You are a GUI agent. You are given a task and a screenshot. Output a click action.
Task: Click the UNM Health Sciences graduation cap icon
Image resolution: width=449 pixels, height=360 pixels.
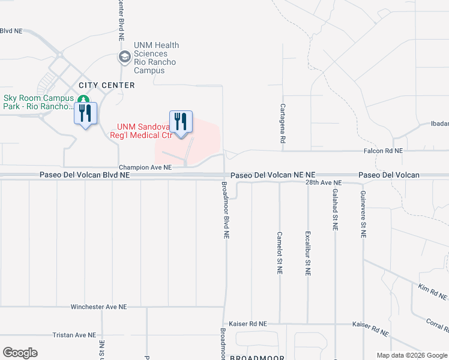[125, 58]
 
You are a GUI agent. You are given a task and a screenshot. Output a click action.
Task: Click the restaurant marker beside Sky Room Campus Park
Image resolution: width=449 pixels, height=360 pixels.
[85, 113]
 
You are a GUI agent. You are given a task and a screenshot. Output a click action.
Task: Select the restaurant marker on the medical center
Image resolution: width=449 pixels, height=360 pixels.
[181, 122]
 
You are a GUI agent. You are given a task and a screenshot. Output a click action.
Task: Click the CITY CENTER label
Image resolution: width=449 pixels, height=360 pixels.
[106, 85]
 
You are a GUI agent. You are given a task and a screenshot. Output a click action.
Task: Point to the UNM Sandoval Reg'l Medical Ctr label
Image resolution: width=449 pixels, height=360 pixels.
[145, 131]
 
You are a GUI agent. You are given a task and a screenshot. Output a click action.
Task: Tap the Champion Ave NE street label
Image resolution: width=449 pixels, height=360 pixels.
[145, 167]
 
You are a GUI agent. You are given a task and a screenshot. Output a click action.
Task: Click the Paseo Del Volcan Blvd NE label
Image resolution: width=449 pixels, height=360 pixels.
[85, 175]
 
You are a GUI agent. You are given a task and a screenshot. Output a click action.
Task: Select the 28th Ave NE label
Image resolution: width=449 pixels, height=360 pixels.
[323, 182]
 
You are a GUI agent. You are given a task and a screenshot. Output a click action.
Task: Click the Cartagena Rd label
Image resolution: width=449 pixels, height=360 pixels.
[282, 123]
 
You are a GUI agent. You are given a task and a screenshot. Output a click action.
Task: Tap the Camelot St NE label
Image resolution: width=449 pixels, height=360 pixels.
[280, 253]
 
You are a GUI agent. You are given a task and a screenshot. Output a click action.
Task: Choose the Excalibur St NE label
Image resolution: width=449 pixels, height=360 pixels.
[307, 253]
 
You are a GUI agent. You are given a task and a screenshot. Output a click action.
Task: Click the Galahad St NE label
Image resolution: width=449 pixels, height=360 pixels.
[335, 210]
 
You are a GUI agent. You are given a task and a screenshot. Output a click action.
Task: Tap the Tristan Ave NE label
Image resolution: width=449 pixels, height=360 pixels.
[74, 335]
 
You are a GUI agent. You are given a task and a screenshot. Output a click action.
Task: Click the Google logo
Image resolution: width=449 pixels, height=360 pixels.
[20, 353]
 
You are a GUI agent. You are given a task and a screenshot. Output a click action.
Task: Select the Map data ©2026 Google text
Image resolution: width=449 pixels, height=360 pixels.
[412, 355]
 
